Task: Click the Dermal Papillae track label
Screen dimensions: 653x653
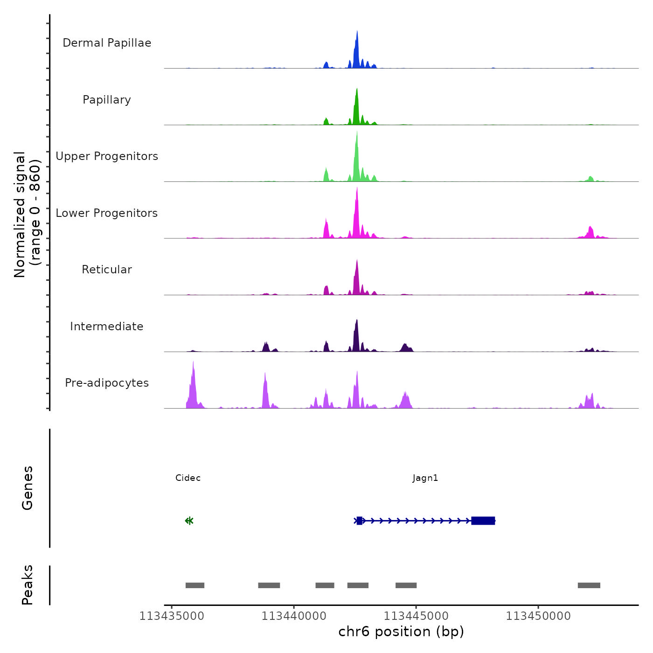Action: (x=107, y=43)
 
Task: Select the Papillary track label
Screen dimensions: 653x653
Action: (x=107, y=100)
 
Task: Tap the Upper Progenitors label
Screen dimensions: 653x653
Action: (x=107, y=156)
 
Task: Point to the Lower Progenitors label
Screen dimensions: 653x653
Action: (x=107, y=213)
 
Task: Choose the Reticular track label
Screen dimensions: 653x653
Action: (x=107, y=270)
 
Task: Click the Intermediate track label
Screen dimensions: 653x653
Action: (x=107, y=326)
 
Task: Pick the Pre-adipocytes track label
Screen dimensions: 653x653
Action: (x=107, y=383)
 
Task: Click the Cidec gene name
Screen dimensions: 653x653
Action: (x=188, y=478)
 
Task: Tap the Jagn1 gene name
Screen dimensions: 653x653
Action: (x=425, y=478)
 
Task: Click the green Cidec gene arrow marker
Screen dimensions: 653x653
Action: (x=189, y=521)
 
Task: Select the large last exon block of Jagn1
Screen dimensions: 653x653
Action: (x=483, y=521)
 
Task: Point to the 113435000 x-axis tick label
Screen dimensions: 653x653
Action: (x=172, y=616)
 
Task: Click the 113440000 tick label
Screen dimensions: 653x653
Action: (x=294, y=616)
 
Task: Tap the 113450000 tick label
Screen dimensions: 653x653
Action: (x=538, y=616)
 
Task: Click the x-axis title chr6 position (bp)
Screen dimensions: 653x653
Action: (x=401, y=632)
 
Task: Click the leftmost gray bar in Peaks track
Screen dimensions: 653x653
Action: (x=195, y=585)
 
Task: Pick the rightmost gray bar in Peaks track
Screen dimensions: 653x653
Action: (x=589, y=585)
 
